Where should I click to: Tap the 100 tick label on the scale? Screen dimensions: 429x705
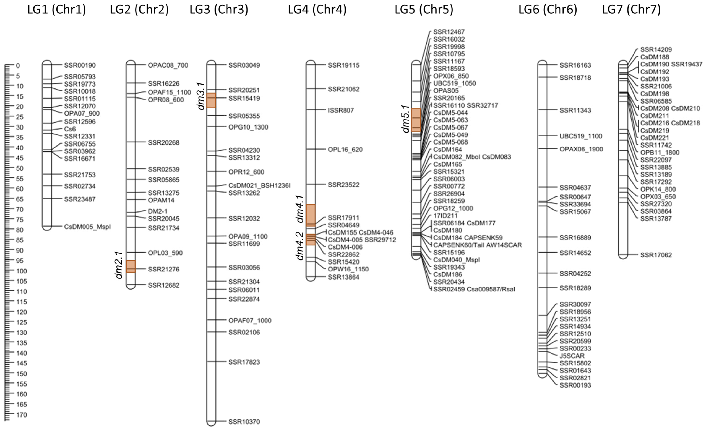(21, 271)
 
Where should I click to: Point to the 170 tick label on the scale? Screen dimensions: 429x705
(21, 415)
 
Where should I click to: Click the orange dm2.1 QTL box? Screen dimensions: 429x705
(131, 266)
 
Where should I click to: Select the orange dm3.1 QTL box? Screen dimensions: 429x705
(211, 100)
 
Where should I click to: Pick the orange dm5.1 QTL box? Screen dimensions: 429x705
(416, 120)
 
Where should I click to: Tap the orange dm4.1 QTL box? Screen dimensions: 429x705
(311, 215)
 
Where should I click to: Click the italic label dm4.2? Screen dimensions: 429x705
(300, 246)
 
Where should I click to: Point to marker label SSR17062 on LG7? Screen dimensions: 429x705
(656, 255)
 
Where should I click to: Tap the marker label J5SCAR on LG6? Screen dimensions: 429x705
(572, 356)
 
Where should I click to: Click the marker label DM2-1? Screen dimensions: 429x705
(157, 211)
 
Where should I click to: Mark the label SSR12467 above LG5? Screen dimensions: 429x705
(449, 32)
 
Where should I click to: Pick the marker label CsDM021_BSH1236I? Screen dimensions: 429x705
(259, 185)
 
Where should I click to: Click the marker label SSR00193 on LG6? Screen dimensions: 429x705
(575, 385)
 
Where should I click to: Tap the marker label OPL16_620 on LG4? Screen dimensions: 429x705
(345, 150)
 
